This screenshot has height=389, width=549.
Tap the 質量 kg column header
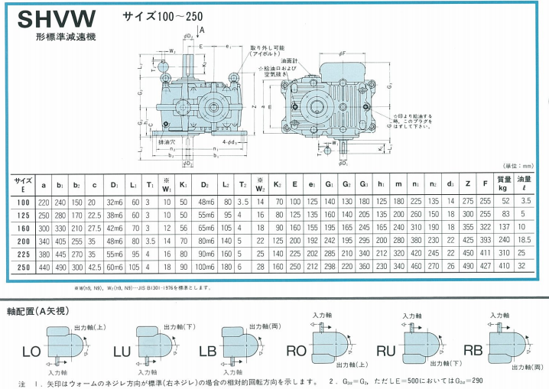[x=504, y=183]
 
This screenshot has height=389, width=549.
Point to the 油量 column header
[x=525, y=183]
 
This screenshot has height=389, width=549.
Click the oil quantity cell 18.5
[x=525, y=240]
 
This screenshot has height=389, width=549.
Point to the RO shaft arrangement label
[x=296, y=352]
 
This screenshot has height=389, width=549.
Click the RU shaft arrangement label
[x=386, y=352]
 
